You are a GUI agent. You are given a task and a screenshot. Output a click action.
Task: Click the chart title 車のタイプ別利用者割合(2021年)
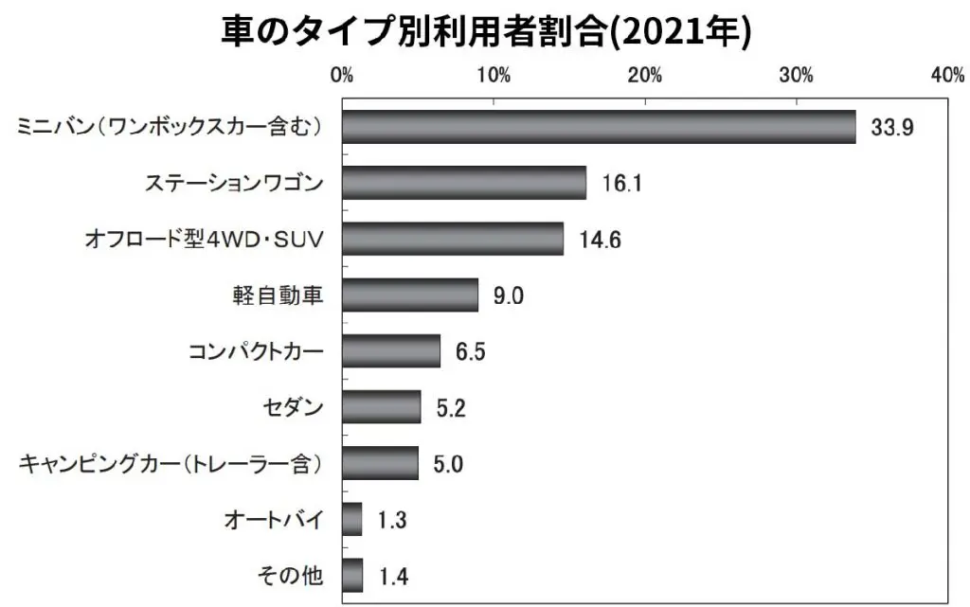pyautogui.click(x=485, y=30)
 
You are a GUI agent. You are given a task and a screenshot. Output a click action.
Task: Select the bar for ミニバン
pyautogui.click(x=599, y=127)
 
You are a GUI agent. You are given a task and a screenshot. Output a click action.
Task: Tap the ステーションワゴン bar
pyautogui.click(x=464, y=183)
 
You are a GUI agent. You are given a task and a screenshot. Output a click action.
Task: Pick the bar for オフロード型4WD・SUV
pyautogui.click(x=453, y=239)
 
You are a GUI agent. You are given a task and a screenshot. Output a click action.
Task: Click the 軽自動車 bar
pyautogui.click(x=410, y=295)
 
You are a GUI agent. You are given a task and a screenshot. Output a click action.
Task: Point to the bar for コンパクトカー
pyautogui.click(x=391, y=351)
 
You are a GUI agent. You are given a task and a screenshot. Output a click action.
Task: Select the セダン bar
pyautogui.click(x=382, y=407)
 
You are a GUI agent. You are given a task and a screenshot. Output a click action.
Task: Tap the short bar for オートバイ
pyautogui.click(x=352, y=519)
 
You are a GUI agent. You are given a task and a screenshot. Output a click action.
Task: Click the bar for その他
pyautogui.click(x=352, y=575)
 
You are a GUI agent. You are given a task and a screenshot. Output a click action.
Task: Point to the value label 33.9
pyautogui.click(x=892, y=128)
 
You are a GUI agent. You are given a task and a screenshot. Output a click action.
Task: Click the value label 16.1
pyautogui.click(x=622, y=184)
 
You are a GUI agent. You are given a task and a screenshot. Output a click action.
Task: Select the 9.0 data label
pyautogui.click(x=508, y=296)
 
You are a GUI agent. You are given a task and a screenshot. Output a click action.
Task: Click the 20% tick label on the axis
pyautogui.click(x=645, y=76)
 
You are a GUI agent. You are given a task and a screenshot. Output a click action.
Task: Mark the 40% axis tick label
pyautogui.click(x=947, y=76)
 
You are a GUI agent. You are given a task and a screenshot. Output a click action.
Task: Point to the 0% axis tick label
pyautogui.click(x=342, y=76)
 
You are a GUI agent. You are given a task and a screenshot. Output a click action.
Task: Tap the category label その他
pyautogui.click(x=291, y=576)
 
